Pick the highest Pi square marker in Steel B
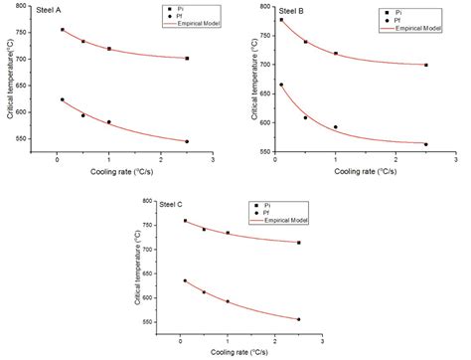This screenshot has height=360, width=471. tap(281, 20)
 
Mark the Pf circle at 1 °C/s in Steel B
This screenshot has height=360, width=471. tap(336, 127)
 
